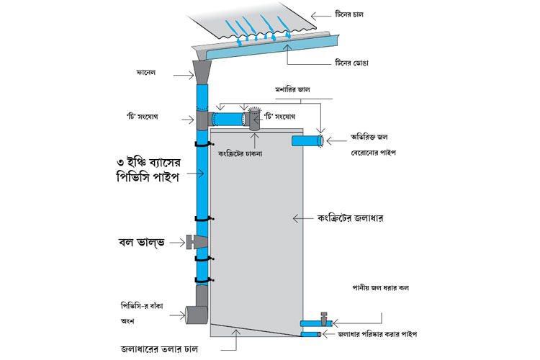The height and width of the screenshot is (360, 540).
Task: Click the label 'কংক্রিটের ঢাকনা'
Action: coord(240,153)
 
